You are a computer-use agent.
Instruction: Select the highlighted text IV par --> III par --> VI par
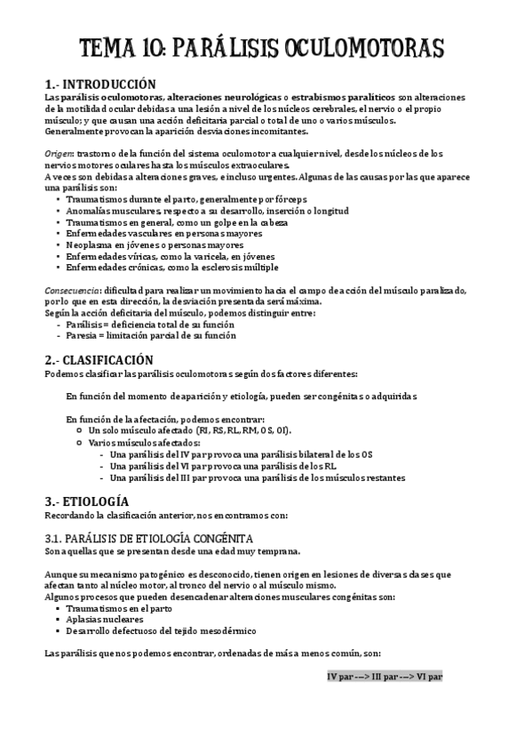385,676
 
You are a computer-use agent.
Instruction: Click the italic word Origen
58,154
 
